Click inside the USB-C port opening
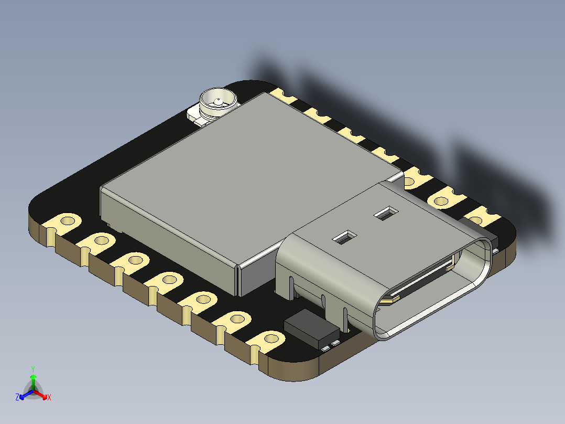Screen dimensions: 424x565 point(435,294)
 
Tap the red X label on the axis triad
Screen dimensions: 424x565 point(49,398)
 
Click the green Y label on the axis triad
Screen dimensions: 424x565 point(33,369)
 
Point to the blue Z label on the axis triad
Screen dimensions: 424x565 point(17,398)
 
